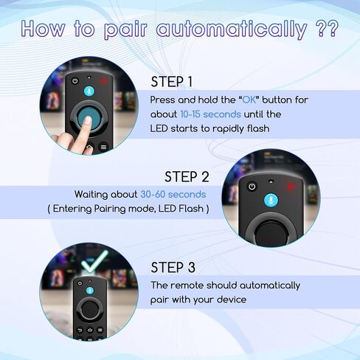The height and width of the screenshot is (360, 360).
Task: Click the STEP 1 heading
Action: tap(171, 82)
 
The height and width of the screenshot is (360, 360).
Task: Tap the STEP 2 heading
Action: tap(187, 177)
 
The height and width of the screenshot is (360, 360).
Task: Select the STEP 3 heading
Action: tap(173, 267)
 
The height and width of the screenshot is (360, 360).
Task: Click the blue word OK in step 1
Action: tap(249, 100)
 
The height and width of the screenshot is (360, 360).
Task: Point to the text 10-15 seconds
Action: tap(210, 114)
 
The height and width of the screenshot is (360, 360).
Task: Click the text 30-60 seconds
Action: tap(173, 195)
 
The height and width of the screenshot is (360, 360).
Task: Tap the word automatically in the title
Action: tap(232, 30)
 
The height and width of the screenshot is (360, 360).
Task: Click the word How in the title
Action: tap(44, 28)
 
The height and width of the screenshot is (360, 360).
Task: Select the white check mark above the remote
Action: tap(94, 261)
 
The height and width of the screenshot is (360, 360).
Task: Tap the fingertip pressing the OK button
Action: tap(87, 120)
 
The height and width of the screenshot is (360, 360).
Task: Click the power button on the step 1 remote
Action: tap(75, 81)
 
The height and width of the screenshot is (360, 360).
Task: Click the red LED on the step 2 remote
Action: tap(291, 187)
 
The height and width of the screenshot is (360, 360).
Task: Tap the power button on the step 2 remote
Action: tap(252, 187)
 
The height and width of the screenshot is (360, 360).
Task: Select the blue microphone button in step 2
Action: tap(271, 200)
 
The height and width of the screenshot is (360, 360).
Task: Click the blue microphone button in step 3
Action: tap(90, 291)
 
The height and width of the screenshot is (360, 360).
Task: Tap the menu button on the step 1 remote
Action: tap(103, 147)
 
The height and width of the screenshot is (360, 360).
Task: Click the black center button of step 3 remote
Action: tap(90, 309)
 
